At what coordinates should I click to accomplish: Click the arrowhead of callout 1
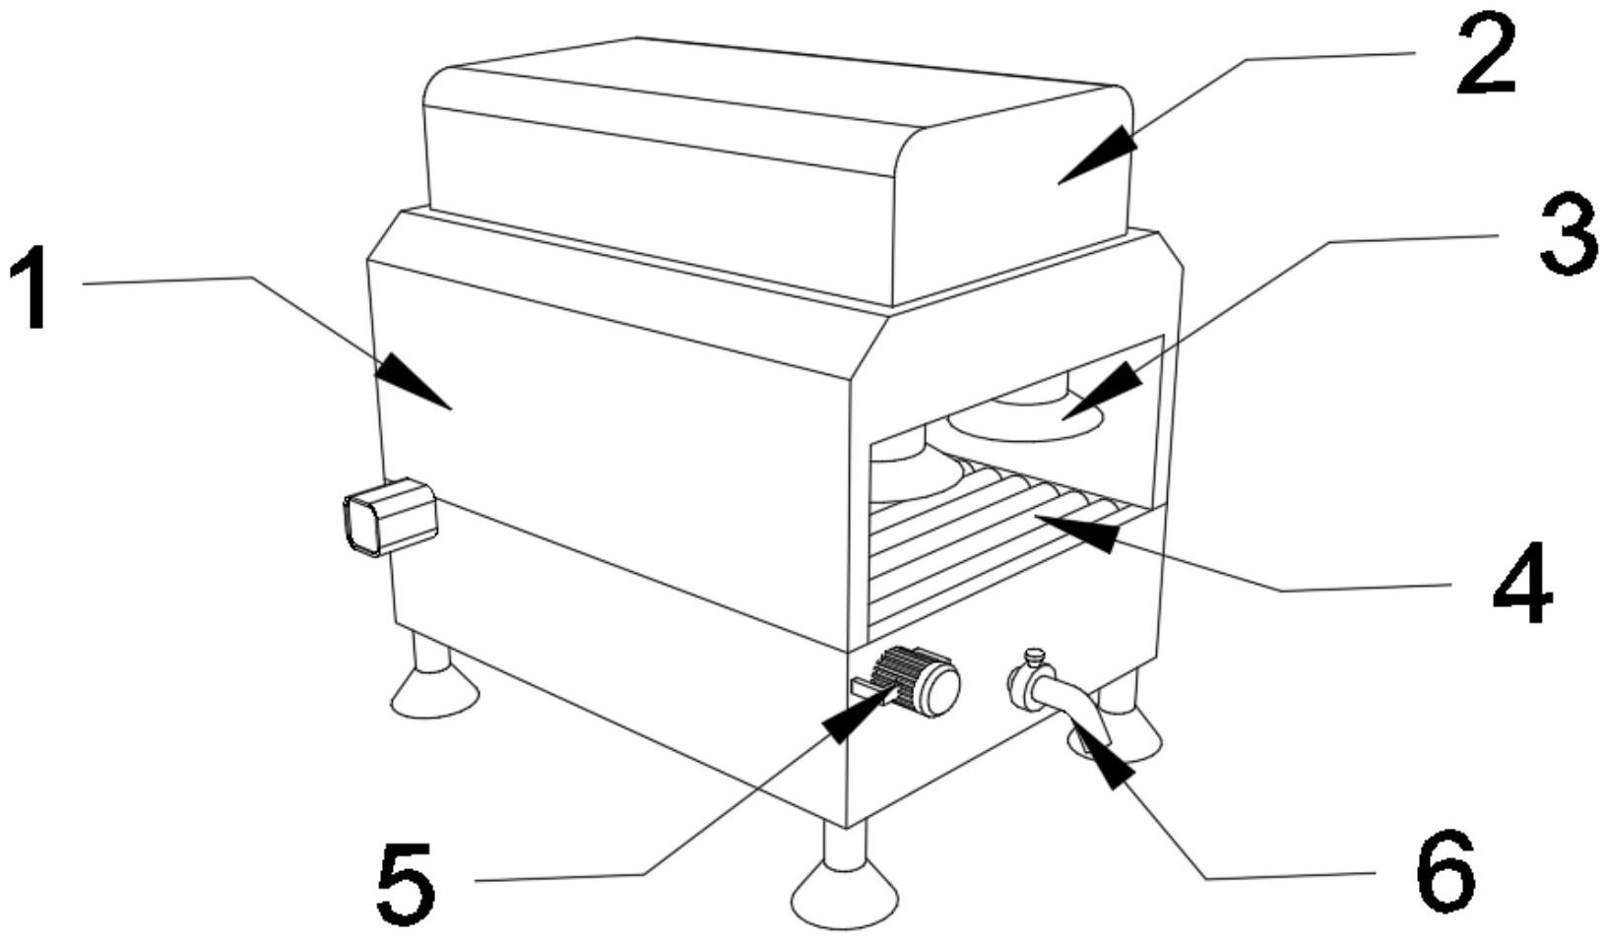(x=413, y=380)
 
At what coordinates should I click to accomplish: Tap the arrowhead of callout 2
(x=1098, y=156)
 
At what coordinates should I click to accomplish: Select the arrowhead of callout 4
(x=1076, y=533)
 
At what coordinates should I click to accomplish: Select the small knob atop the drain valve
(x=1032, y=656)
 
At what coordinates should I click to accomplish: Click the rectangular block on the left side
(x=391, y=516)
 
